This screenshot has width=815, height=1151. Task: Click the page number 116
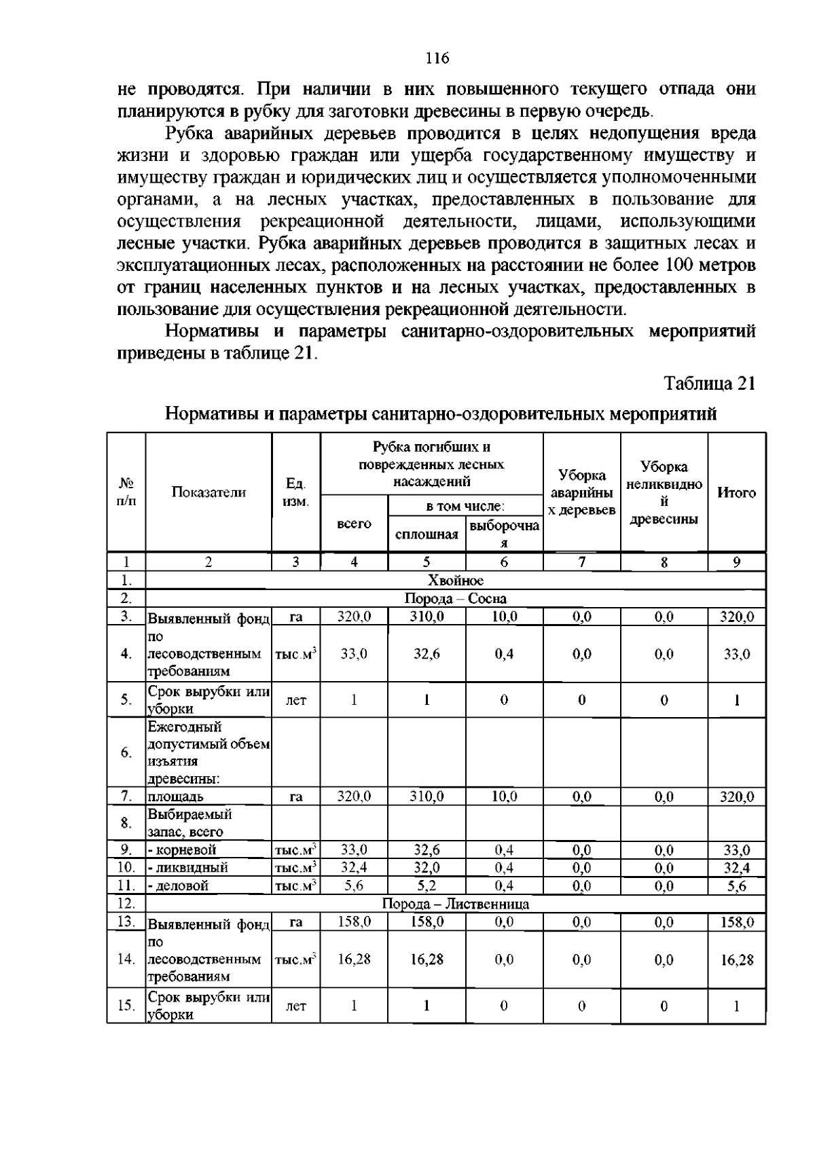[437, 58]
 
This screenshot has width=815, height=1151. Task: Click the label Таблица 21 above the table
[710, 384]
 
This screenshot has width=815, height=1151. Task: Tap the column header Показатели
[209, 493]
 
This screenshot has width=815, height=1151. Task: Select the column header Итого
[736, 493]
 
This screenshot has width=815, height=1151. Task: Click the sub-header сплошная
[427, 534]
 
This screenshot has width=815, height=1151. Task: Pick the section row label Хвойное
[455, 581]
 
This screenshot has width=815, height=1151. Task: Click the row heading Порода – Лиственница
[455, 904]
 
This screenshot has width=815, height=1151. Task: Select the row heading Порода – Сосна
[455, 599]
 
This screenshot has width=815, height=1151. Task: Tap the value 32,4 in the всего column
[354, 867]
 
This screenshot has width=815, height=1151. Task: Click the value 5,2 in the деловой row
[427, 885]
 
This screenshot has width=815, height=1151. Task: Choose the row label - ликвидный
[188, 868]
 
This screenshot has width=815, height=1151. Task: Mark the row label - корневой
[183, 850]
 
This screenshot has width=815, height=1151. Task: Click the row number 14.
[126, 960]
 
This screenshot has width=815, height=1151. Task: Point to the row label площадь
[176, 797]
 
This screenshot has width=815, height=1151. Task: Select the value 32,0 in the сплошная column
[427, 867]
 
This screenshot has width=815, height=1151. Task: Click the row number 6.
[126, 753]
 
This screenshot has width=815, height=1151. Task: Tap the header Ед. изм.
[295, 493]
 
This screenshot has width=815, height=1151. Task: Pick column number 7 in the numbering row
[581, 562]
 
